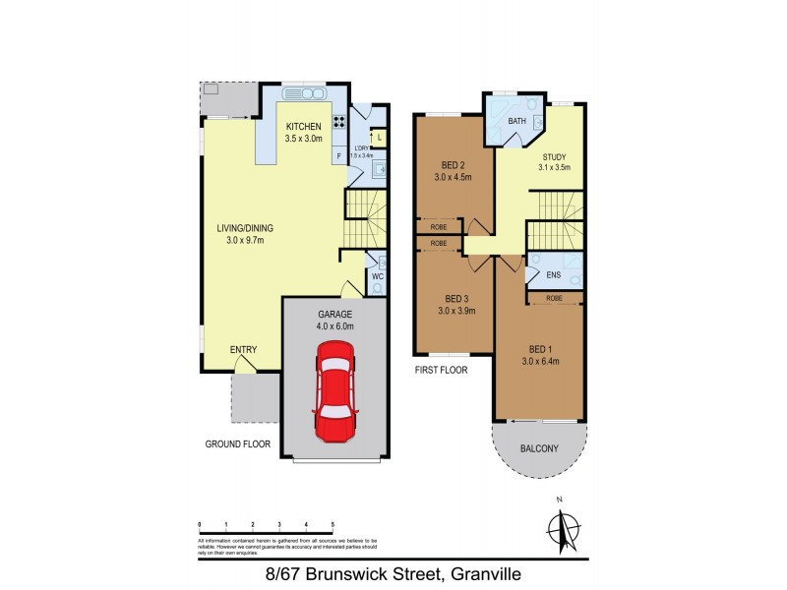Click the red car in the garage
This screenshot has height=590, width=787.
pos(333,391)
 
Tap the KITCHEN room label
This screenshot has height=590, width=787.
pos(303,128)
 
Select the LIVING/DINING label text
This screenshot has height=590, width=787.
pos(245,228)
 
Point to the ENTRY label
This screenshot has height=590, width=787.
pos(243,349)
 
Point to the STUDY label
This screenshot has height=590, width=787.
pos(554,157)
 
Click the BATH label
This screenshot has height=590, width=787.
pos(516,122)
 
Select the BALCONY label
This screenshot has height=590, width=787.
pos(538,448)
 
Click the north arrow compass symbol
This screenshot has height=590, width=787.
pos(560,532)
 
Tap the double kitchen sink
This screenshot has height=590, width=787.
pos(304,94)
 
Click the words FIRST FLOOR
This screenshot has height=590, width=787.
pos(440,371)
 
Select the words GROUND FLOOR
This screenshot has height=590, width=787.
pos(237,444)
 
